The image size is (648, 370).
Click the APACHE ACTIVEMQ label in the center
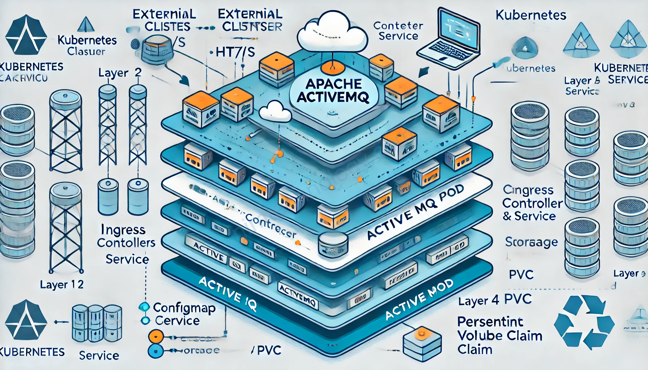[x=333, y=90]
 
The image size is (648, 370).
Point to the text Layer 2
[x=120, y=73]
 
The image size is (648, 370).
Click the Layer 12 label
[x=62, y=285]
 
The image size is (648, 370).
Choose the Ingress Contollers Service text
[x=126, y=244]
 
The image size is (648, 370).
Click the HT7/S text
[x=235, y=52]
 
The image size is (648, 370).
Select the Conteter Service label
[x=398, y=31]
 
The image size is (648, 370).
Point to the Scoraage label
[x=531, y=242]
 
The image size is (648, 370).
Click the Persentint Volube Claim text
[x=499, y=335]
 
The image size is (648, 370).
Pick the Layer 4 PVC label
[x=495, y=300]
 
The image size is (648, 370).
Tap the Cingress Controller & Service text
[x=532, y=203]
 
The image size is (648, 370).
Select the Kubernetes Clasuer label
[x=87, y=45]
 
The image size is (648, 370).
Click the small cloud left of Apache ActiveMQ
[x=275, y=111]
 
